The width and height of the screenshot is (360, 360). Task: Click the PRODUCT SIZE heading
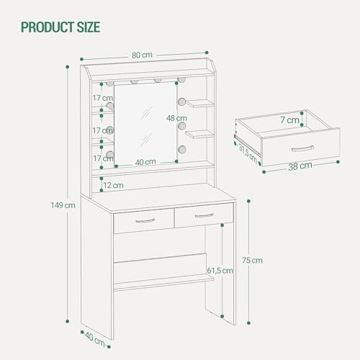click(x=60, y=28)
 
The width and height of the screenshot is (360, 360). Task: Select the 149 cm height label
click(x=65, y=204)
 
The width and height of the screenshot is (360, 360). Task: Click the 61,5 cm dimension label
click(x=219, y=271)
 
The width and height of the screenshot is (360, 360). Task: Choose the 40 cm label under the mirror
click(x=146, y=162)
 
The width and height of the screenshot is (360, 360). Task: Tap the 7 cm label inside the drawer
click(x=290, y=120)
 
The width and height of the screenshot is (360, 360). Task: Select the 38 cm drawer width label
click(x=300, y=166)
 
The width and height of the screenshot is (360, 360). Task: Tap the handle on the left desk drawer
click(x=144, y=221)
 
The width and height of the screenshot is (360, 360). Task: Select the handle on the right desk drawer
click(x=204, y=215)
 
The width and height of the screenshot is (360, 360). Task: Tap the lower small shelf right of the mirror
click(x=199, y=134)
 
